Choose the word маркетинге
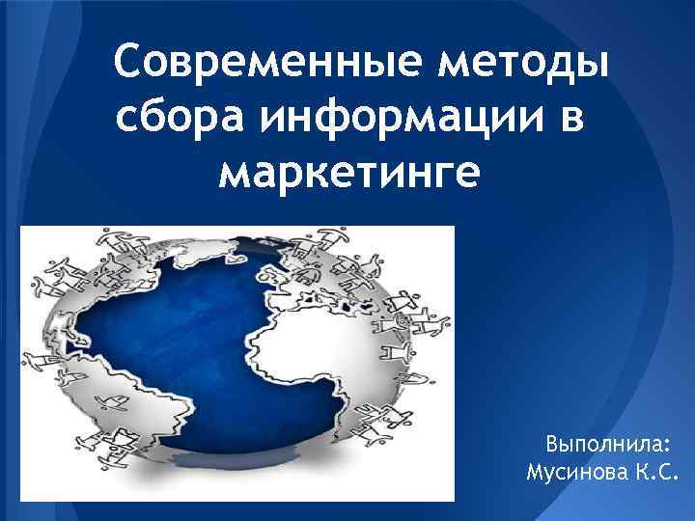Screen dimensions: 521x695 click(x=348, y=174)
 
